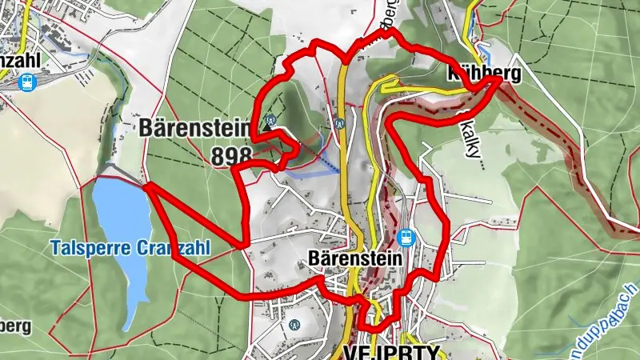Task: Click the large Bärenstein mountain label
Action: point(196,128)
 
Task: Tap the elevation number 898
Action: point(232,156)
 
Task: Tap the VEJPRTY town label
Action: point(392,351)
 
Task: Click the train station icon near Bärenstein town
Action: point(406,238)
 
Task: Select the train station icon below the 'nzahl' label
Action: point(28,82)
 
